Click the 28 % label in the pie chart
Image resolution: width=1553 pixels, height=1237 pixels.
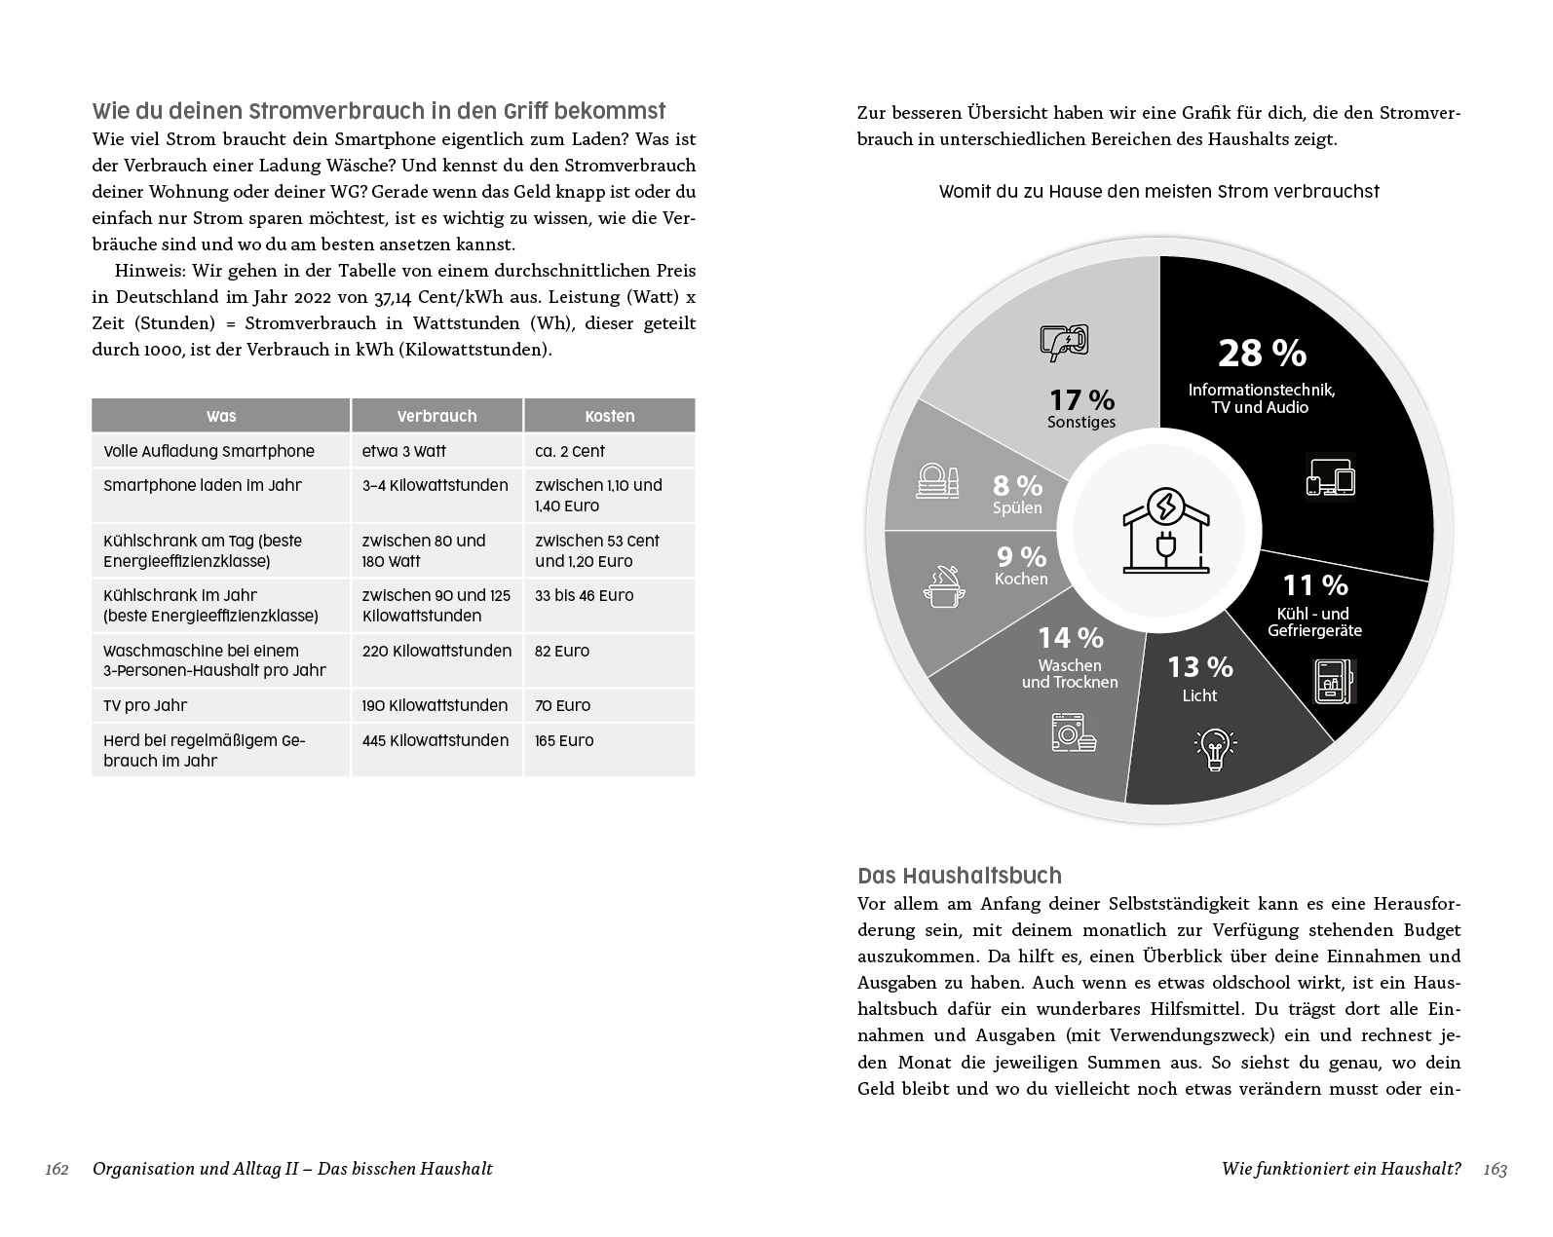(1262, 353)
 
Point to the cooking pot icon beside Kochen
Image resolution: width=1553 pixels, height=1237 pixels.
(944, 586)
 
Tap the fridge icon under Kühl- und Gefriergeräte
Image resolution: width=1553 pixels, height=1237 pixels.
(1334, 681)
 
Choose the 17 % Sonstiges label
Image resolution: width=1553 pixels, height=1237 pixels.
(1081, 408)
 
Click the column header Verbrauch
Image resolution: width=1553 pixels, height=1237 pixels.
(436, 416)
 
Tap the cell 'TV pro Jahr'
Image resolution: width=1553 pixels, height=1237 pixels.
(145, 705)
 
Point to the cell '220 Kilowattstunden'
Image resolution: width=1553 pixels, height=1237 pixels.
(436, 651)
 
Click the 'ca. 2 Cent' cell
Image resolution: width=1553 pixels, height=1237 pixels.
(570, 451)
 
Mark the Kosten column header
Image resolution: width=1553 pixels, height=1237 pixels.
(610, 416)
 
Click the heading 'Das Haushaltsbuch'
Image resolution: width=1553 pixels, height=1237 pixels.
(960, 875)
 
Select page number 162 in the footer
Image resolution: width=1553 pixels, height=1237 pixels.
(57, 1169)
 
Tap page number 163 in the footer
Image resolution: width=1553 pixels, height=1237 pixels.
(1495, 1169)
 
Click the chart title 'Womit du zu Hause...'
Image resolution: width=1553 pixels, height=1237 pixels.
(1158, 192)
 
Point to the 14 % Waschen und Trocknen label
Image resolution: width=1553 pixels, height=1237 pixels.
(1070, 655)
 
